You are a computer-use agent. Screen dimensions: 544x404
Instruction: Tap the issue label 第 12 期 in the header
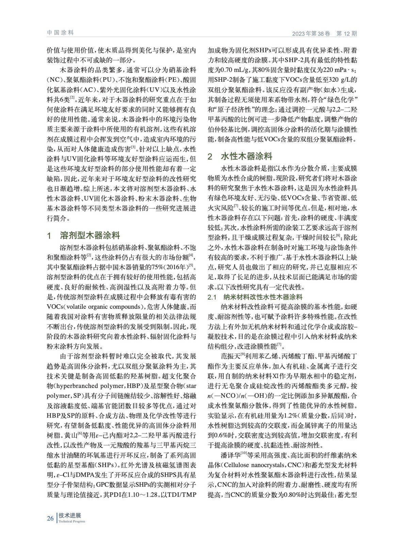pyautogui.click(x=346, y=34)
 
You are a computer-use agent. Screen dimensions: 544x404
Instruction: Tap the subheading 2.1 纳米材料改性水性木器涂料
pyautogui.click(x=255, y=297)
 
